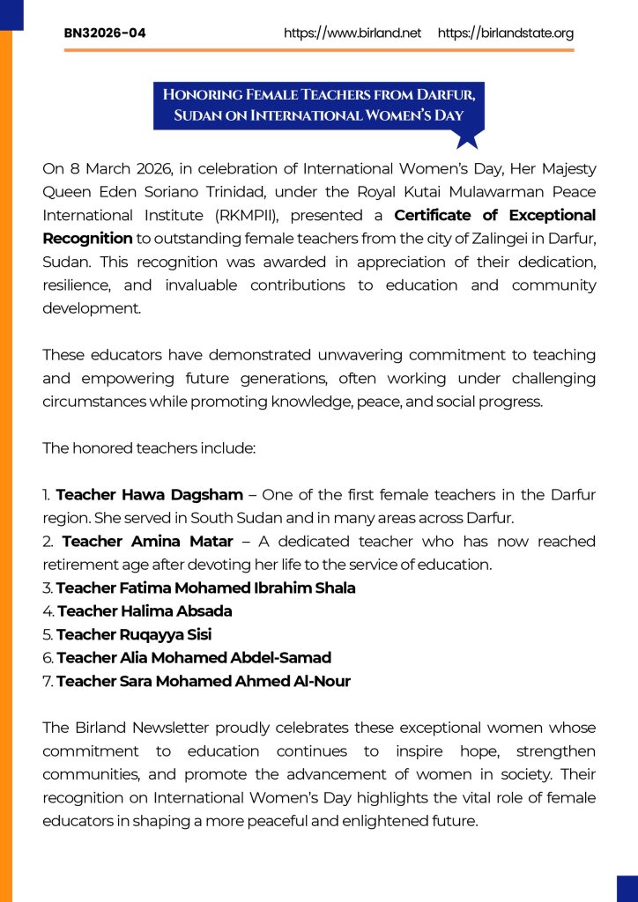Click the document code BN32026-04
(x=105, y=33)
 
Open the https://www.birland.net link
(x=352, y=33)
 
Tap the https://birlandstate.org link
(x=506, y=33)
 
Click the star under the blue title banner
(x=468, y=138)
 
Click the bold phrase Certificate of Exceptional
(x=494, y=215)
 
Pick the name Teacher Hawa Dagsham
(x=149, y=495)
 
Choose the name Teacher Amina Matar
(x=147, y=541)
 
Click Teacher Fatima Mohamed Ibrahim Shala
(x=205, y=588)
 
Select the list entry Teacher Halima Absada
(x=145, y=610)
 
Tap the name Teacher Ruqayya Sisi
(x=134, y=634)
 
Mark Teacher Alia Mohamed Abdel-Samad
(x=194, y=657)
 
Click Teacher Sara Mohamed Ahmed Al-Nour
(x=203, y=681)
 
